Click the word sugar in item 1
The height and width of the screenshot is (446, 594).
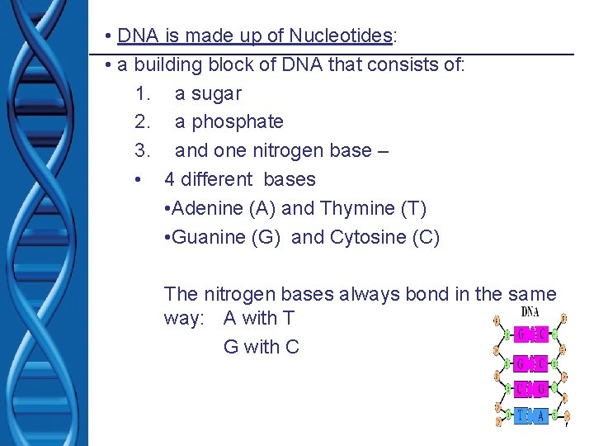tap(217, 93)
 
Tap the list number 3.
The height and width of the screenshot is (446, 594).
tap(142, 150)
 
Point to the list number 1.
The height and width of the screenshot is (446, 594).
tap(142, 93)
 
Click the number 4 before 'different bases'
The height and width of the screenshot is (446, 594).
tap(170, 179)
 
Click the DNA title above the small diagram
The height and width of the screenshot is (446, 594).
tap(530, 312)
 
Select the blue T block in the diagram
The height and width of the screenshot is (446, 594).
tap(522, 416)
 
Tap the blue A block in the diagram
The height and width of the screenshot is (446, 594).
tap(540, 416)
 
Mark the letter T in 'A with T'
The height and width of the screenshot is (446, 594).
tap(288, 318)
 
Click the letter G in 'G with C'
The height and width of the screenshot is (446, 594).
tap(231, 347)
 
